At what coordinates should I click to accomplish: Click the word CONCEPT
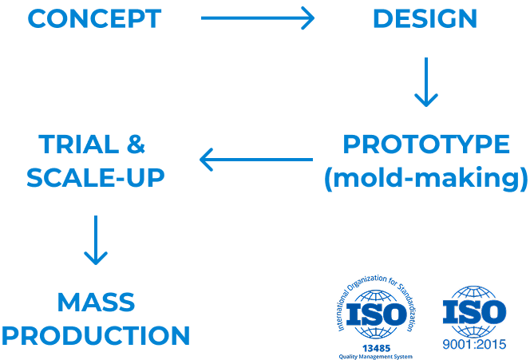(x=94, y=18)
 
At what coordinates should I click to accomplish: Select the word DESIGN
(x=425, y=18)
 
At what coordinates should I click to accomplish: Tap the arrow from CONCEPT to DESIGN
(x=257, y=18)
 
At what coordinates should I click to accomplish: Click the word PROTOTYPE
(x=425, y=144)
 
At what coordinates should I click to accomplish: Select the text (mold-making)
(x=425, y=178)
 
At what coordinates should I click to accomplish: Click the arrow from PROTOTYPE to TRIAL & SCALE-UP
(x=255, y=160)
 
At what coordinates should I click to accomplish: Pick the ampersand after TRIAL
(x=136, y=144)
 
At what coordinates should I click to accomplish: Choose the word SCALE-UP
(x=96, y=178)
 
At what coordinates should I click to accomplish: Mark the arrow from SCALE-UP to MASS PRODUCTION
(x=96, y=239)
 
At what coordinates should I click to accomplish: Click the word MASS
(x=96, y=302)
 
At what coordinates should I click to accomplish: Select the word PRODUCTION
(x=96, y=334)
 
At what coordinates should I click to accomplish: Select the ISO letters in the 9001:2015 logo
(x=475, y=311)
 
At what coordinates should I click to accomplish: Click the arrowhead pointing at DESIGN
(x=308, y=18)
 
